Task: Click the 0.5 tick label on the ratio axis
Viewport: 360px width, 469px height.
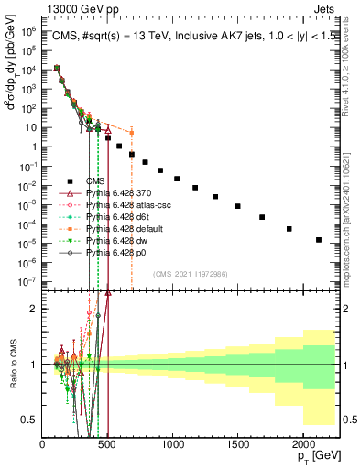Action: tap(29, 420)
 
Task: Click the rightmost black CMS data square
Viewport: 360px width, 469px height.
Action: tap(319, 240)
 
